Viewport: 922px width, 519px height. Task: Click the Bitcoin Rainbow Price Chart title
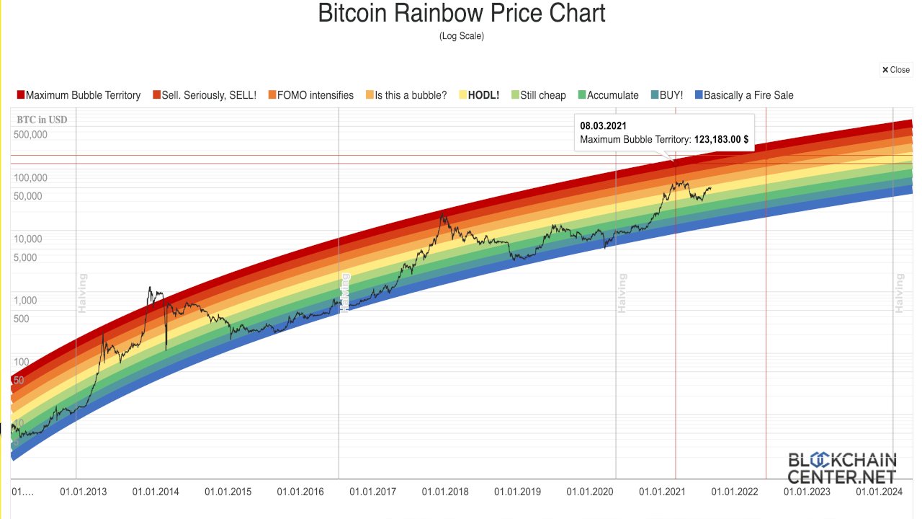coord(461,13)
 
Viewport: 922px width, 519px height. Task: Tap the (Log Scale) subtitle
coord(461,36)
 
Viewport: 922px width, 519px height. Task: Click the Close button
coord(896,70)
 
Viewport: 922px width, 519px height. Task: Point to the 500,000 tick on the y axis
coord(30,135)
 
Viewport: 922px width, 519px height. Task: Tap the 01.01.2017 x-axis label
coord(372,492)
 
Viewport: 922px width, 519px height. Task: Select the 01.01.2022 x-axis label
coord(735,492)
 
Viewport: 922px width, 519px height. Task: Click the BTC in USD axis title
coord(42,120)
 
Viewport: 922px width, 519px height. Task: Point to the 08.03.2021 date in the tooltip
coord(603,126)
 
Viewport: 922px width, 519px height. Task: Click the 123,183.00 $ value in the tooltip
coord(720,139)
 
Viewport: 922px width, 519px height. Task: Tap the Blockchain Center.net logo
coord(841,468)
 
